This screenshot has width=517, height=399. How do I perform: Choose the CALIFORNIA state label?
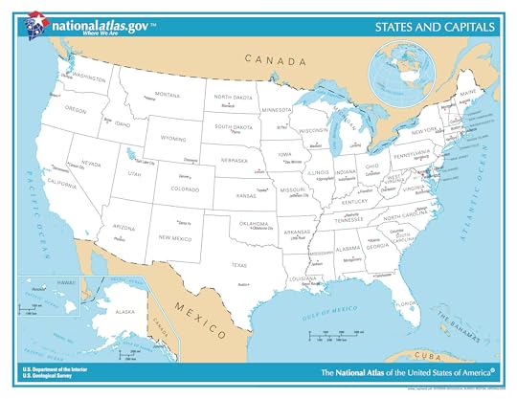(61, 183)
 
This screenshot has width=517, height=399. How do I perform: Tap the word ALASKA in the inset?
(124, 312)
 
